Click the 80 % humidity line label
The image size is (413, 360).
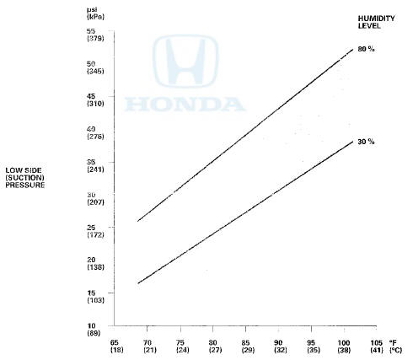coord(365,50)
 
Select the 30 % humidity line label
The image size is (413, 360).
coord(365,142)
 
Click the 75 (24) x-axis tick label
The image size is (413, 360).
coord(180,346)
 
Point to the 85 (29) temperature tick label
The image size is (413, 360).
coord(245,346)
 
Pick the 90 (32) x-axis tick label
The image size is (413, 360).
coord(278,346)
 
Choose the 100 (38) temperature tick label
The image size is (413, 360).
coord(343,346)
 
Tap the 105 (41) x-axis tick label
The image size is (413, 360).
coord(376,346)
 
